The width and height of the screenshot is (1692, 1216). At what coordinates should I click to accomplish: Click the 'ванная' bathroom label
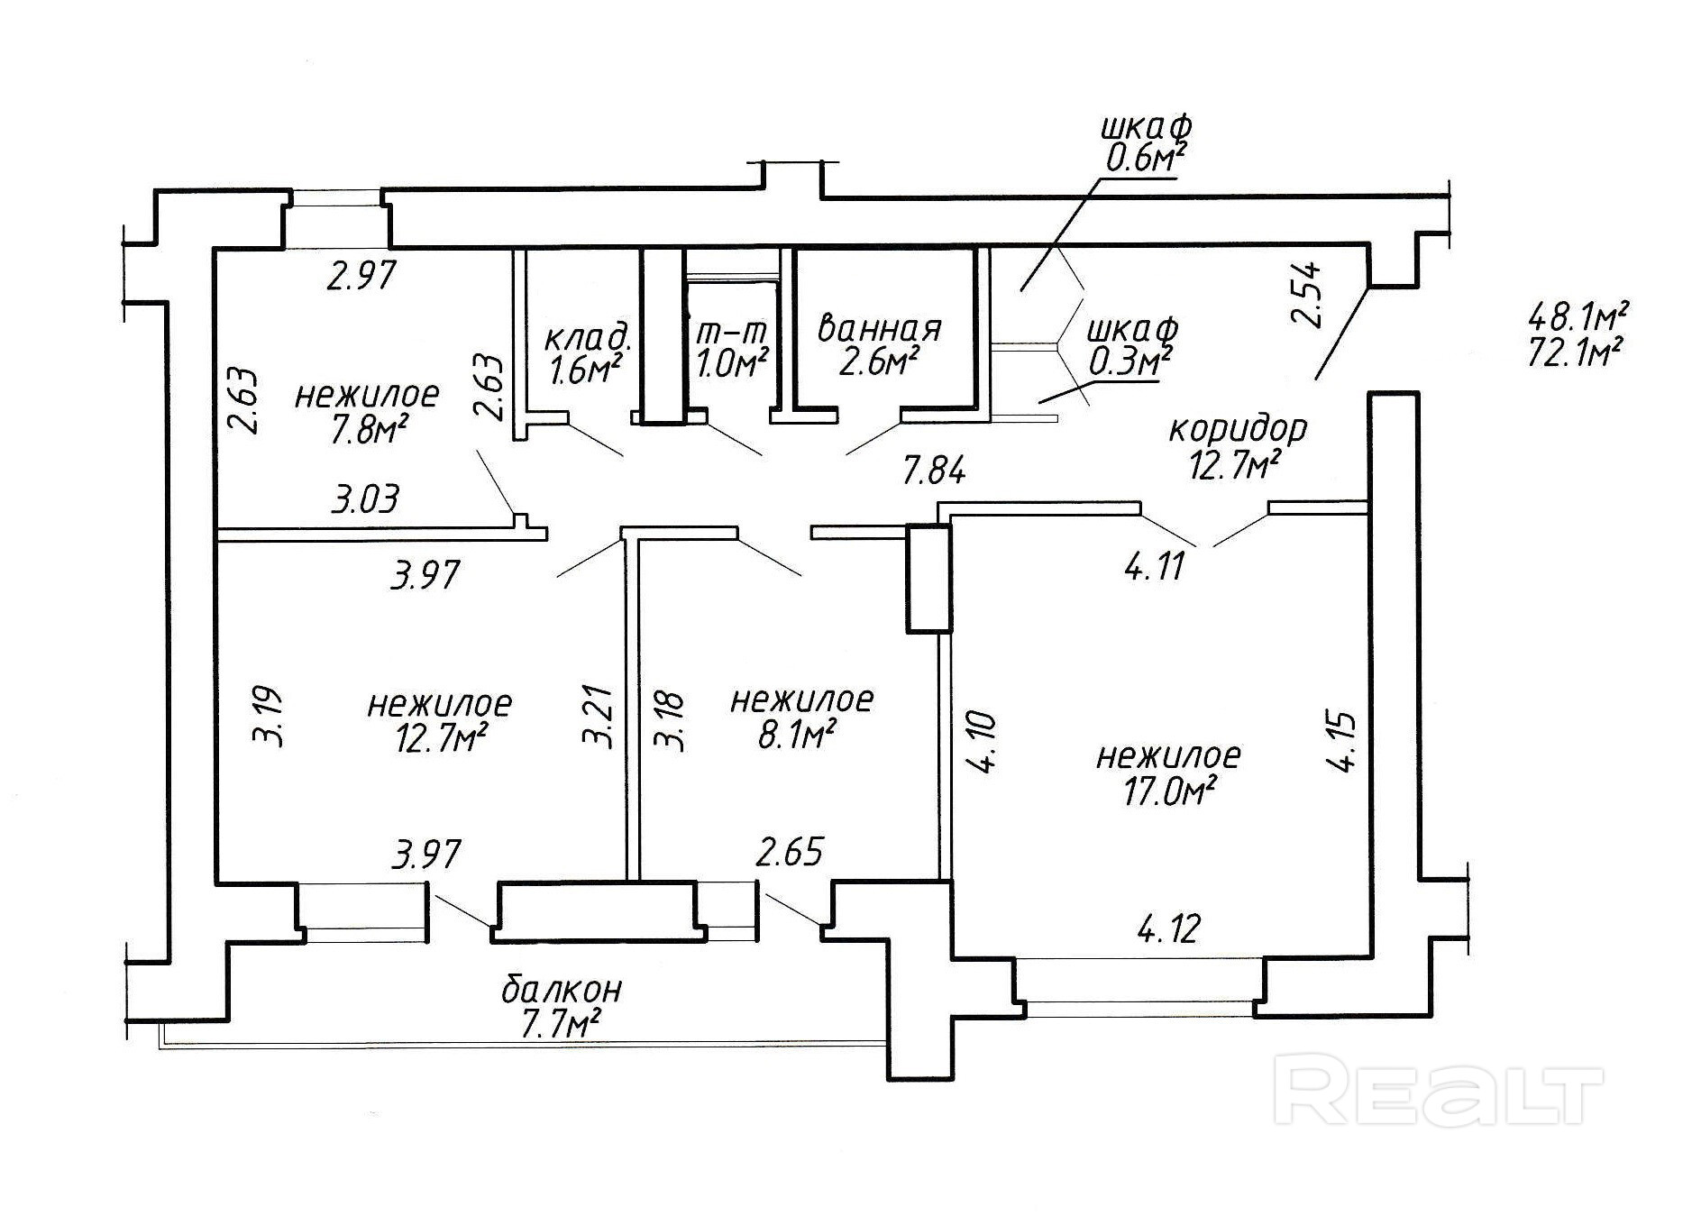[x=879, y=327]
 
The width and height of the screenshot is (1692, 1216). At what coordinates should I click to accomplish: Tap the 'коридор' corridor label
[x=1237, y=428]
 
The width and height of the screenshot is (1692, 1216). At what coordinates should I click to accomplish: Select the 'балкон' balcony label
[x=561, y=990]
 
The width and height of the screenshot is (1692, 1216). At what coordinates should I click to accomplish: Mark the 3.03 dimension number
[x=364, y=499]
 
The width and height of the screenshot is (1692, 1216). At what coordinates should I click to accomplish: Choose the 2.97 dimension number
[x=361, y=274]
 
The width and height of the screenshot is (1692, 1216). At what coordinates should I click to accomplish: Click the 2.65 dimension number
[x=790, y=852]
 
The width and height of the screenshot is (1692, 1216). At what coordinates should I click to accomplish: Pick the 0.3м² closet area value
[x=1130, y=361]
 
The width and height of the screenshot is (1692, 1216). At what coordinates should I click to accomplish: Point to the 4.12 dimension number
[x=1168, y=928]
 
